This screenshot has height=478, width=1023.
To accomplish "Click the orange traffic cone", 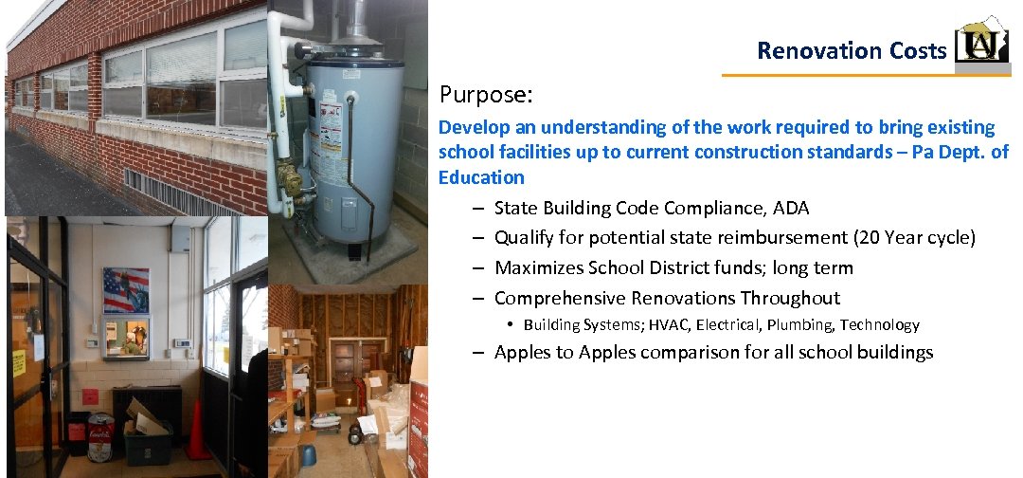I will [x=197, y=432].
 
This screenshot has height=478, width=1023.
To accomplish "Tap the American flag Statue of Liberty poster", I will [x=126, y=290].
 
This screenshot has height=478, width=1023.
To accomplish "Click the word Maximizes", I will [x=541, y=268].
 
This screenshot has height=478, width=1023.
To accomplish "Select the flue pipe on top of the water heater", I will [x=358, y=23].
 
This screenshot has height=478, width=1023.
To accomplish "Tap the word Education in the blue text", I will [x=480, y=177].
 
